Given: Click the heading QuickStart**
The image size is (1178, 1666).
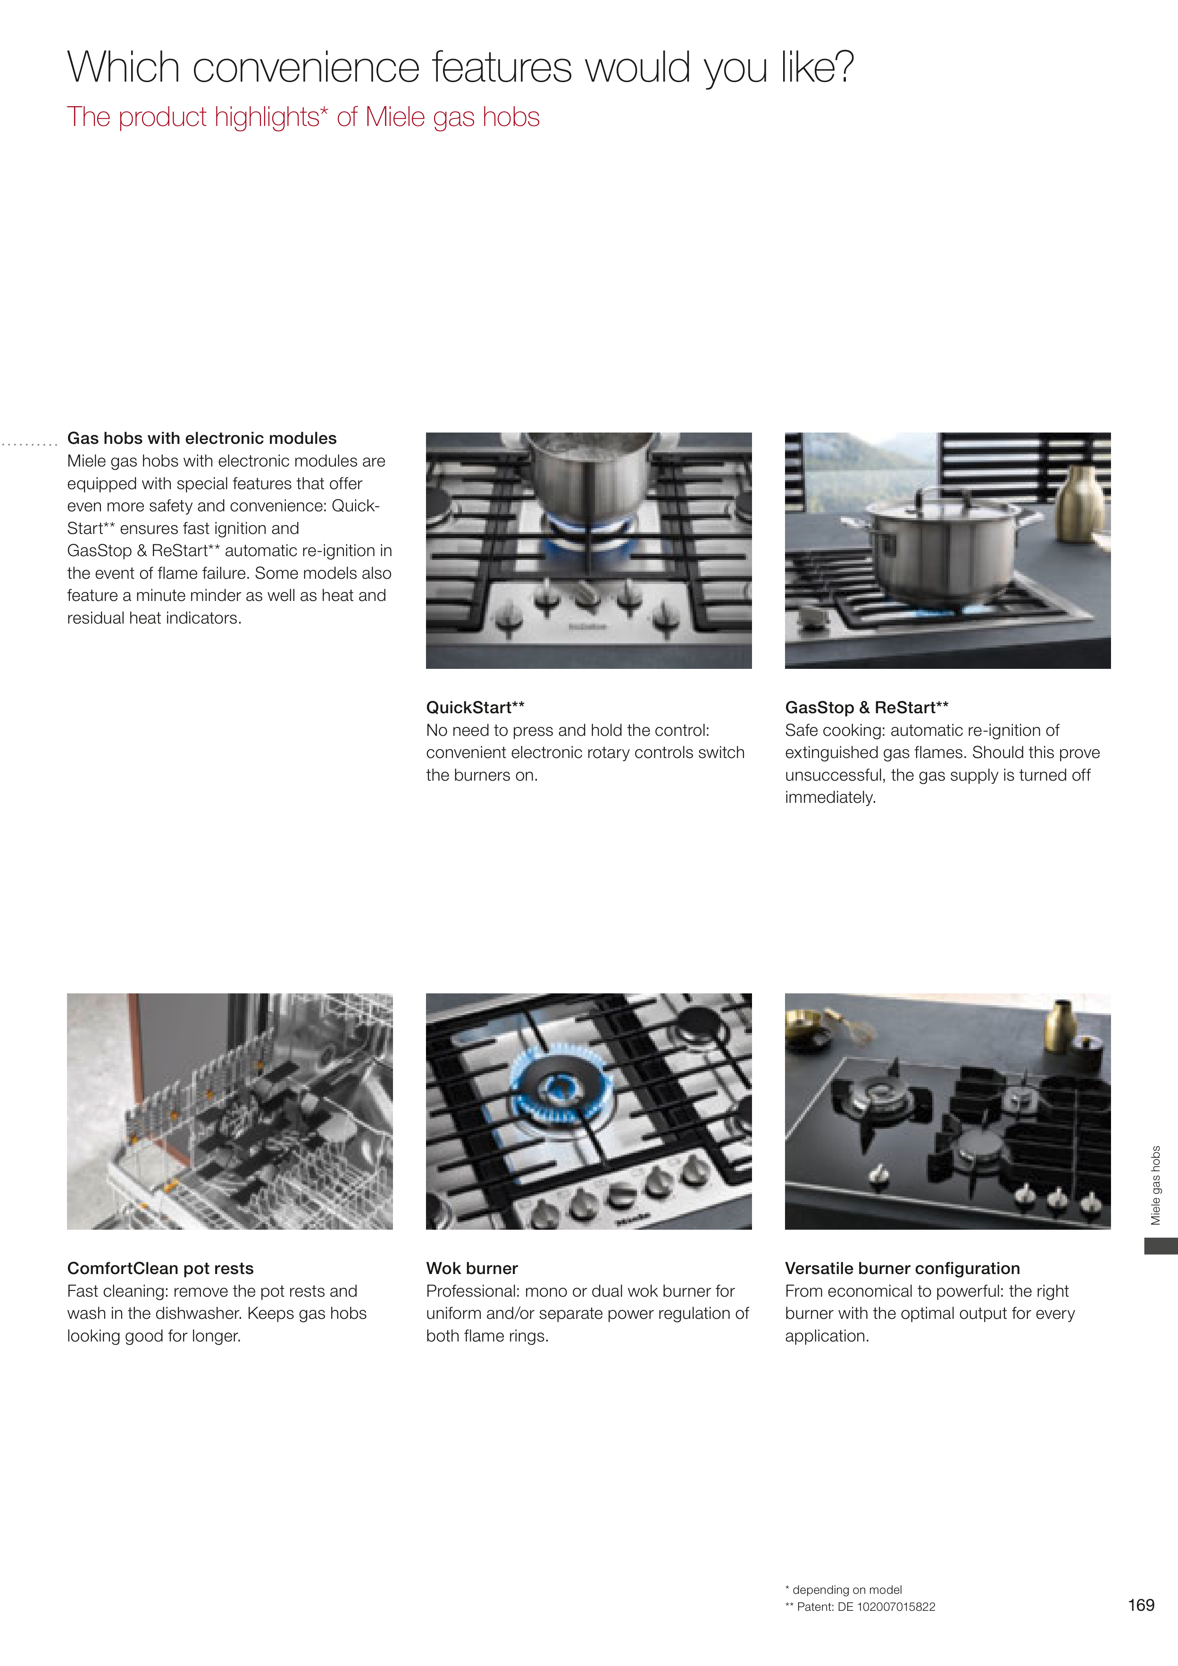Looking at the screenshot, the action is (476, 708).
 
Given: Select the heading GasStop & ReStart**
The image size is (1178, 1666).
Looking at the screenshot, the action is (867, 708).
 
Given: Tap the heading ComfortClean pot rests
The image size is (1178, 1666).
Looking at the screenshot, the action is (160, 1268).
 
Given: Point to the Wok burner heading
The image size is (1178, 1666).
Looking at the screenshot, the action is (472, 1268).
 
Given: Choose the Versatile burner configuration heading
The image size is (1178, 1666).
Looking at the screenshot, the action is (902, 1268).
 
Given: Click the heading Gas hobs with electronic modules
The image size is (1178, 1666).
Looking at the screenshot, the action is (202, 438).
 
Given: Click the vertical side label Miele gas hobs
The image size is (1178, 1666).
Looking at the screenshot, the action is (1156, 1185).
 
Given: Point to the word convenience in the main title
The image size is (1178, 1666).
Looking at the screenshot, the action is (306, 67).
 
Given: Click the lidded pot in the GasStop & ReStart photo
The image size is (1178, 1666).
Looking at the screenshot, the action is (943, 547).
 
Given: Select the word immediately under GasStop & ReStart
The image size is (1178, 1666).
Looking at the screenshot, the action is (830, 798).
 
